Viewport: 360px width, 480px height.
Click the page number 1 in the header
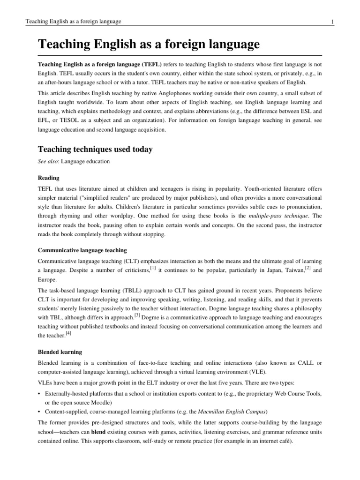coord(332,22)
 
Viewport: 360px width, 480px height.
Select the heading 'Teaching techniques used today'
coord(95,150)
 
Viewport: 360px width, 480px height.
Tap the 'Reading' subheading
coord(48,178)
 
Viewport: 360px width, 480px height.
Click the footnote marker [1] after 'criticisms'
coord(153,267)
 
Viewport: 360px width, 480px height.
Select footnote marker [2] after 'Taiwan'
coord(307,267)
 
